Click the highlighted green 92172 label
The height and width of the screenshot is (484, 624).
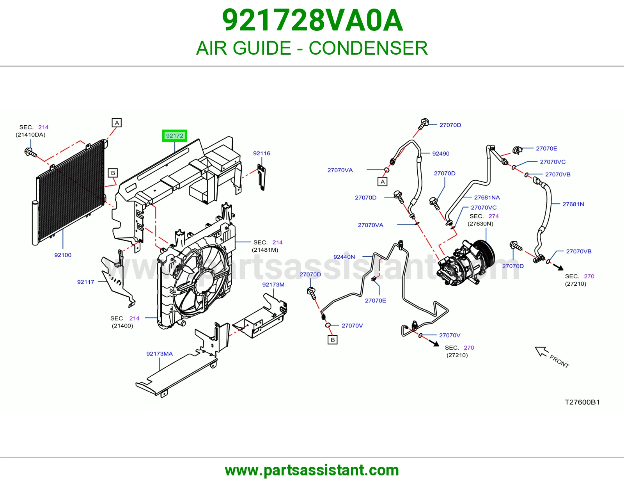point(175,136)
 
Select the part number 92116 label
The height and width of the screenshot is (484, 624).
point(262,153)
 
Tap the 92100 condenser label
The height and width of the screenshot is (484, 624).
point(63,255)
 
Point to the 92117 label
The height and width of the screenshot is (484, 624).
point(85,282)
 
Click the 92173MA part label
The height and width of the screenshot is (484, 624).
point(160,354)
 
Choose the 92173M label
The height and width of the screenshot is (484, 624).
point(273,285)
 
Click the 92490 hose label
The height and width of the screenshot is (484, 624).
point(441,154)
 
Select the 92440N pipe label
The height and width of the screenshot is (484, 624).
point(344,257)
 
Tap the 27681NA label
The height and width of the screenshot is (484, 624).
point(487,198)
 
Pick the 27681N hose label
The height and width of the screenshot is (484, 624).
point(573,204)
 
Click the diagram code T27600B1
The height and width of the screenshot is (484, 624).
point(582,402)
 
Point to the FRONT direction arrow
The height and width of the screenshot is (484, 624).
point(542,352)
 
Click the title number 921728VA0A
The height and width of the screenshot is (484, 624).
point(312,20)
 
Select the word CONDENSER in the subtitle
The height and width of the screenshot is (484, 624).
point(368,48)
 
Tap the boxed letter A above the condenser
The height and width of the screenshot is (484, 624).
point(117,123)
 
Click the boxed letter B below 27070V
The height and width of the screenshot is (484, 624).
point(333,340)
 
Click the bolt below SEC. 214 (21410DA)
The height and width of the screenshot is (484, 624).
point(30,152)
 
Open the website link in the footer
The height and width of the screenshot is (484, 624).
point(312,470)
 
